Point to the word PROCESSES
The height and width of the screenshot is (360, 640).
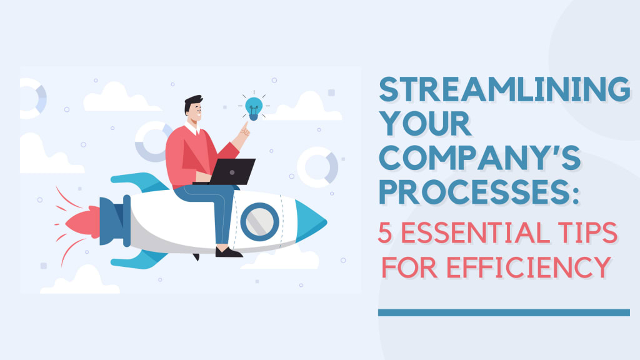pos(479,192)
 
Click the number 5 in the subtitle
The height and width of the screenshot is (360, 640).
pos(385,232)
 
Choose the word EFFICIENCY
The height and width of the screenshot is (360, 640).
pos(529,267)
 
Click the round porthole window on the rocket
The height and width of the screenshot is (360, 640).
pos(259,222)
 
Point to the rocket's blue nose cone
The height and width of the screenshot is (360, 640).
pos(310,222)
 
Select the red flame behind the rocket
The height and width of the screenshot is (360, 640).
pos(82,222)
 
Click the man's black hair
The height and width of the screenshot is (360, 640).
pos(192,104)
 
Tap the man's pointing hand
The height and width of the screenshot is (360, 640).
pos(244,131)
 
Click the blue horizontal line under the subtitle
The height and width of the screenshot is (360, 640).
pos(504,312)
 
